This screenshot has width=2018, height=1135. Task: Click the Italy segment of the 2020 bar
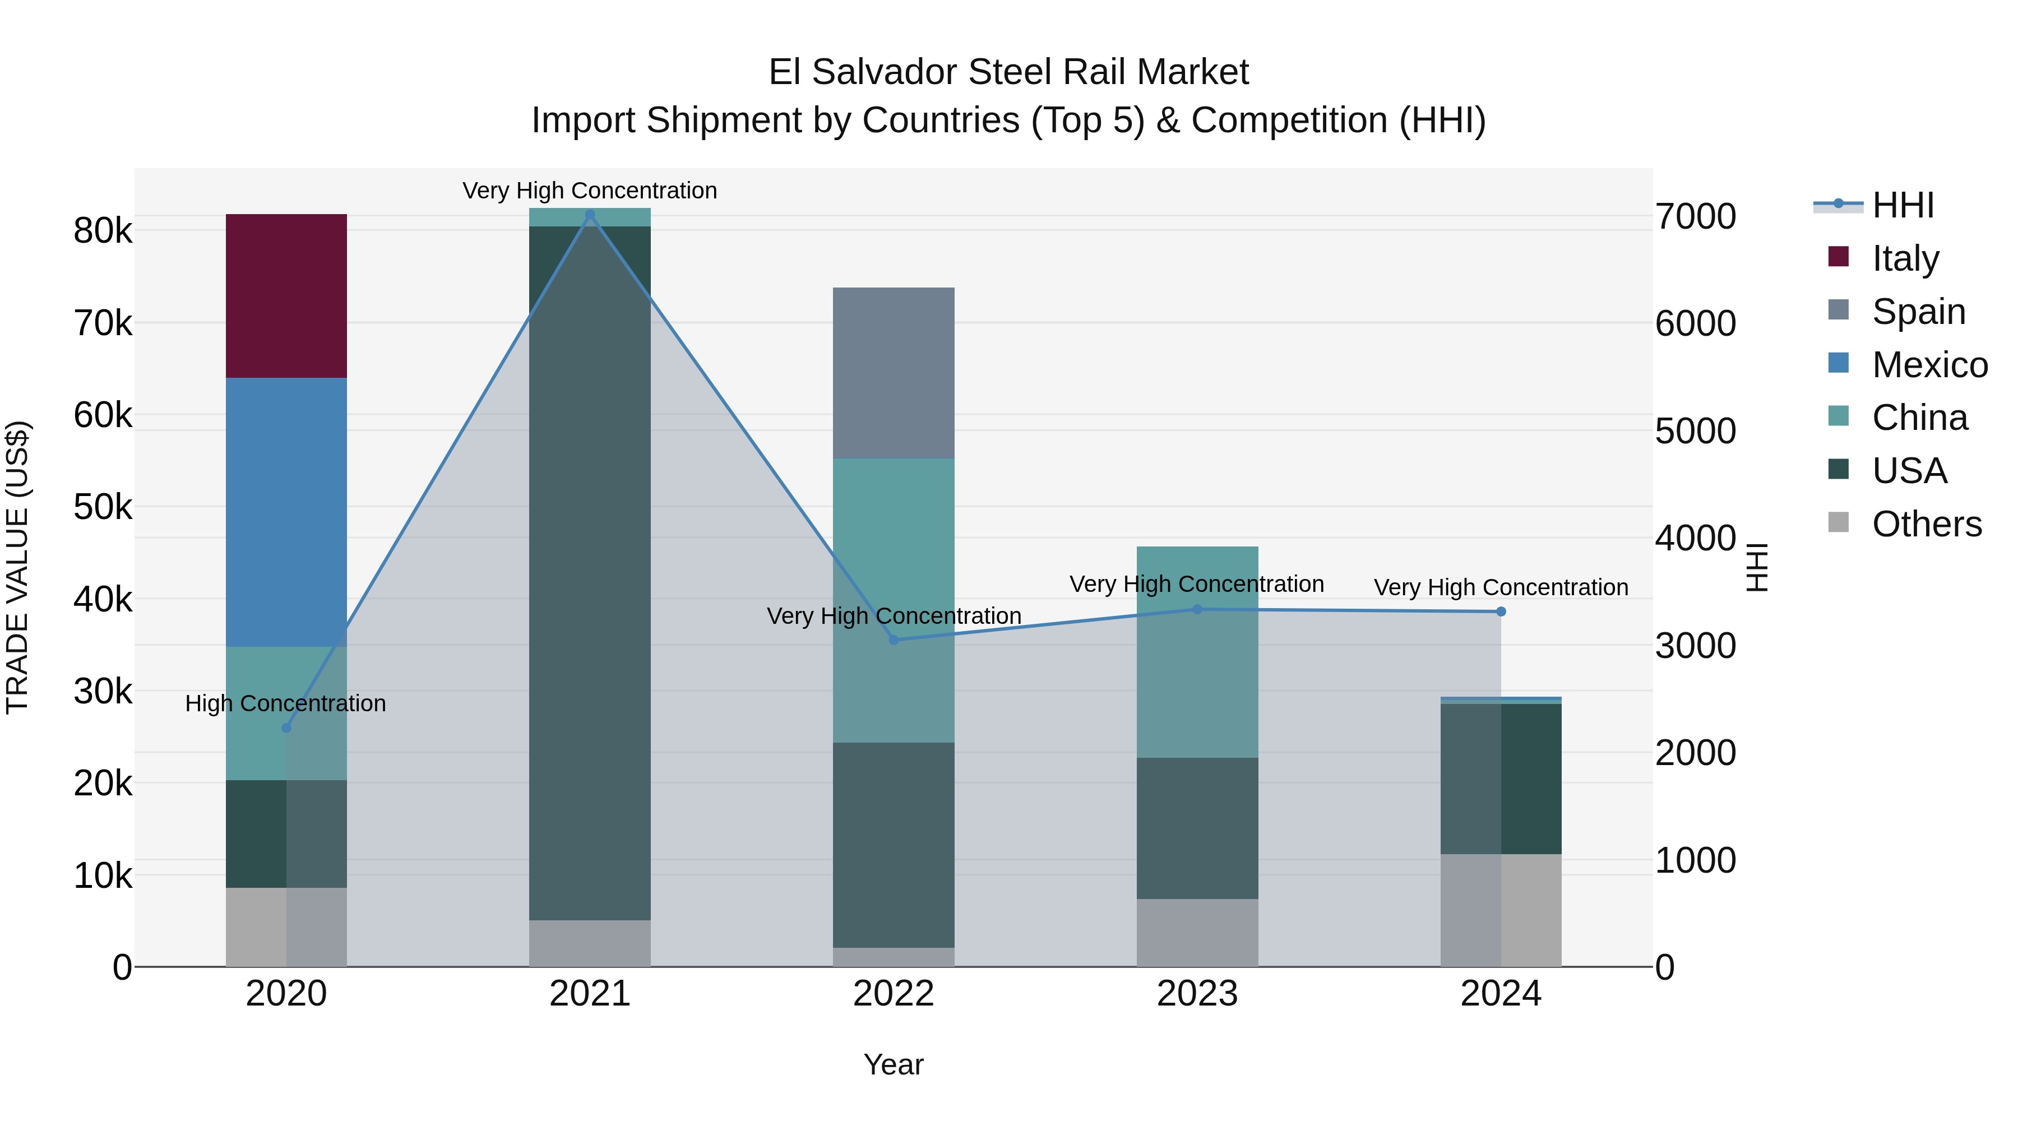[286, 295]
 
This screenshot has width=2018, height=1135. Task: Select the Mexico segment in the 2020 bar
[286, 512]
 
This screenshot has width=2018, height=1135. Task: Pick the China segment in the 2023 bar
[1197, 652]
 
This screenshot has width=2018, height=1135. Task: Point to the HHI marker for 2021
[590, 215]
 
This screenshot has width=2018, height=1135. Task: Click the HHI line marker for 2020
[286, 728]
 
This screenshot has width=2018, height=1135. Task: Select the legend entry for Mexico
[1929, 365]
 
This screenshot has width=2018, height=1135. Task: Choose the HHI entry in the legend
[1902, 205]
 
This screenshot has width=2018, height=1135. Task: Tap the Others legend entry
[1926, 524]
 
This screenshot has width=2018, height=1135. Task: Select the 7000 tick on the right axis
[1695, 217]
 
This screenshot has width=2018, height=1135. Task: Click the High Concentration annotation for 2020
[285, 703]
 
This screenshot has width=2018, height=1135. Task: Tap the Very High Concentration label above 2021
[589, 191]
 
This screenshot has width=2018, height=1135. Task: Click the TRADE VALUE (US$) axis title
[17, 567]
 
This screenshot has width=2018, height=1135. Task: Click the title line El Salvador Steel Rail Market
[1008, 72]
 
